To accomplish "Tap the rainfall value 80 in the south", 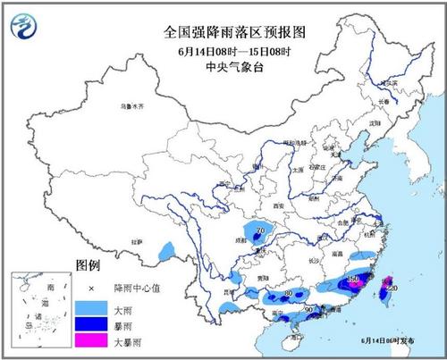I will [x=287, y=293].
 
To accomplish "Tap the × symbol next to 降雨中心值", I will [x=91, y=289].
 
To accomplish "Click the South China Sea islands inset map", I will [x=40, y=308].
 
